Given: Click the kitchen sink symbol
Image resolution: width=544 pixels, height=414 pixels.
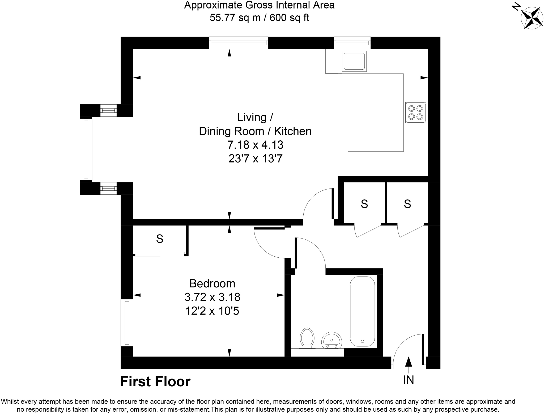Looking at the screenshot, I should click(x=354, y=61).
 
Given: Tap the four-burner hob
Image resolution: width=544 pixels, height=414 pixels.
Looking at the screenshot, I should click(x=415, y=112).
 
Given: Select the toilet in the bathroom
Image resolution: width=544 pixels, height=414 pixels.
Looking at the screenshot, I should click(x=307, y=338).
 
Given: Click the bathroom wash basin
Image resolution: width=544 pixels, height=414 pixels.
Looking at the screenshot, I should click(x=331, y=340).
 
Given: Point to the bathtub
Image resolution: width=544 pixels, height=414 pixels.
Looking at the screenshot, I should click(x=362, y=311).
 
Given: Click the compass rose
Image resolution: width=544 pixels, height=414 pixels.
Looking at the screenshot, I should click(x=528, y=18).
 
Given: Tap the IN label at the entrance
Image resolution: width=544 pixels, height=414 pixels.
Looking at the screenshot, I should click(x=408, y=380).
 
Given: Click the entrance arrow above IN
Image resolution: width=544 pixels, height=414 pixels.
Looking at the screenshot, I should click(x=408, y=362).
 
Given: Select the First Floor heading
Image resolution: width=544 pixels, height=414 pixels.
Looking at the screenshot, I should click(x=155, y=382).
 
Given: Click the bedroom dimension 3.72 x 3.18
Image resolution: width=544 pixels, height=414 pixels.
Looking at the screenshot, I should click(x=212, y=297).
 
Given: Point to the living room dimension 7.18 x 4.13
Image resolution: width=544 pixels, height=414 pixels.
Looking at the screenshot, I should click(x=255, y=145).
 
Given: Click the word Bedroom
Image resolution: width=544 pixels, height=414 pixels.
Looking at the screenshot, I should click(x=212, y=283).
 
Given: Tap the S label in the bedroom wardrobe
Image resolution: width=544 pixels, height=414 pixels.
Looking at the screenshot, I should click(x=159, y=239).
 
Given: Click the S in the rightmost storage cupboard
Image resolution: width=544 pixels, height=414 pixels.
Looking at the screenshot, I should click(x=407, y=204).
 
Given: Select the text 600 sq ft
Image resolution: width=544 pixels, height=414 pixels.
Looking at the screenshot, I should click(x=289, y=18).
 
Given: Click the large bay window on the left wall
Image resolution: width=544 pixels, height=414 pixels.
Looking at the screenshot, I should click(x=86, y=149).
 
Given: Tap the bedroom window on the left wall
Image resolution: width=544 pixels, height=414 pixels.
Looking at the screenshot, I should click(x=127, y=323).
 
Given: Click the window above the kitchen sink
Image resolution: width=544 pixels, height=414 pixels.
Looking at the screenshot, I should click(x=352, y=43).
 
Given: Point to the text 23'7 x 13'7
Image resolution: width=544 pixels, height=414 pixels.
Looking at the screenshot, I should click(x=255, y=159).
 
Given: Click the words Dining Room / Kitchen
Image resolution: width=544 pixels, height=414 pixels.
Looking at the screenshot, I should click(x=255, y=131).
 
